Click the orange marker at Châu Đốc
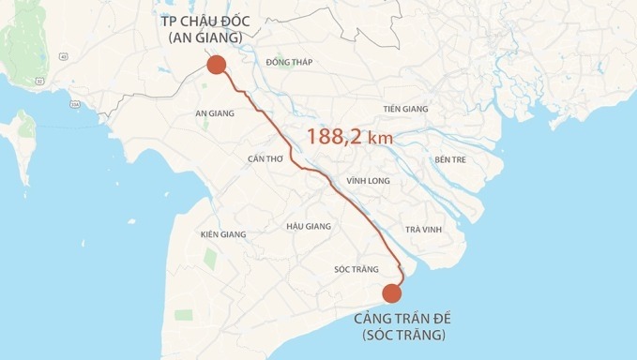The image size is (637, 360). coord(216,65)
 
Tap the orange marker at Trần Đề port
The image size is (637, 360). coord(393,293)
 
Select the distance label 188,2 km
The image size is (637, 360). coord(350,137)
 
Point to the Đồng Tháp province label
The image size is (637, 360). coord(289,62)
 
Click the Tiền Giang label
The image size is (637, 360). coord(405,109)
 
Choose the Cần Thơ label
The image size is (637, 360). coord(265,158)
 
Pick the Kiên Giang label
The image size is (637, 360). coord(223,233)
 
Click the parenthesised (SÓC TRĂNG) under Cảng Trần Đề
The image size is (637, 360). coord(401,335)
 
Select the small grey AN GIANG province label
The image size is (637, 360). coord(214,113)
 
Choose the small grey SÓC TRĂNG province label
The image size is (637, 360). coord(356,269)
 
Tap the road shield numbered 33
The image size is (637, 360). coord(39,82)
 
